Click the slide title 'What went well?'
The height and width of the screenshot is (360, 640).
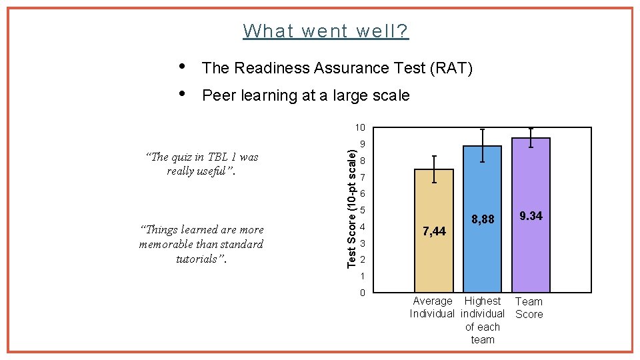(x=326, y=31)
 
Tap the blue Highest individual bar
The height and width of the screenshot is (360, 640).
(x=482, y=260)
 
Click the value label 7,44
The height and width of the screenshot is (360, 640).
(x=434, y=231)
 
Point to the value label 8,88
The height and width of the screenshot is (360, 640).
(x=483, y=219)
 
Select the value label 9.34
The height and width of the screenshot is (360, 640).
(x=531, y=216)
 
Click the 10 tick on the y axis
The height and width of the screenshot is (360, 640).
(x=360, y=127)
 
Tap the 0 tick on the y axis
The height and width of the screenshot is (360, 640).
(x=362, y=293)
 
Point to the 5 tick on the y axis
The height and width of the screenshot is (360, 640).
(x=362, y=211)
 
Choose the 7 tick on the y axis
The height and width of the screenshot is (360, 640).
(x=362, y=177)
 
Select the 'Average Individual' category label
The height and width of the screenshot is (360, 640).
(x=432, y=307)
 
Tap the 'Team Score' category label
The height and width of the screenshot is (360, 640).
(x=529, y=307)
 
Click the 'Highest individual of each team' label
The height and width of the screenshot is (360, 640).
(x=483, y=320)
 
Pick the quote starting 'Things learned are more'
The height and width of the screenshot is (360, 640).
(x=201, y=244)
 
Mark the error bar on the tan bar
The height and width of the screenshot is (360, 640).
(x=434, y=169)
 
